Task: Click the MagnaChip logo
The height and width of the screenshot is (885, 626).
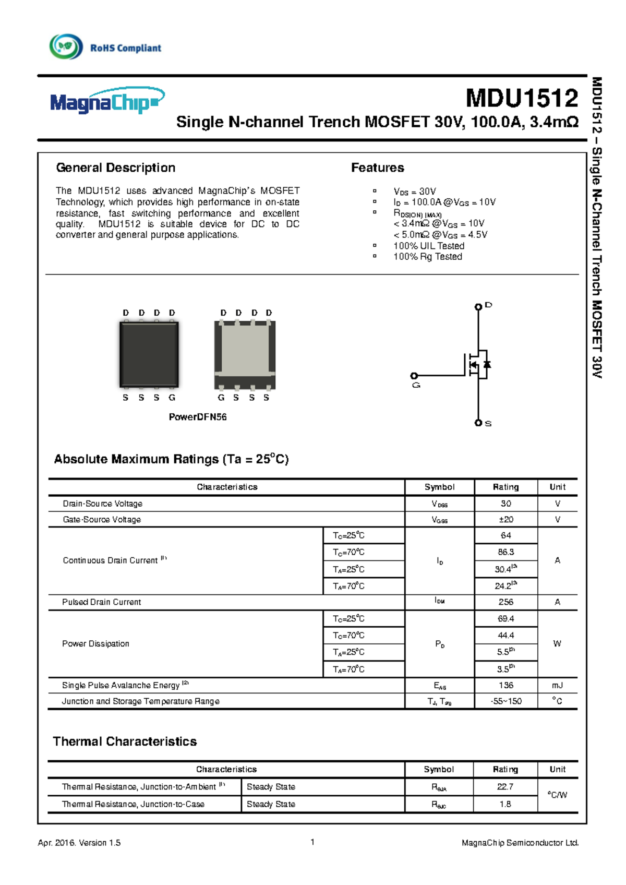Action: [107, 101]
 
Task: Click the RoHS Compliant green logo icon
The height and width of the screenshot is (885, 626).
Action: [66, 46]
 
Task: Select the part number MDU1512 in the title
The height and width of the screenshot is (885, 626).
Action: [522, 98]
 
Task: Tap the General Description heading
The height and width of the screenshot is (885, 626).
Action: [115, 168]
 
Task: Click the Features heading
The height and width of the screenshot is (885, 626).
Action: [377, 168]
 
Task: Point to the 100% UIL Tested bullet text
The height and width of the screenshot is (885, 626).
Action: [428, 246]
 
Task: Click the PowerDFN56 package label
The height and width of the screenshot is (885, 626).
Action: [197, 417]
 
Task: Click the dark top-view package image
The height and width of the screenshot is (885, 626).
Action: [149, 354]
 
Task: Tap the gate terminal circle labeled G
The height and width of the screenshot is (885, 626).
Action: [414, 376]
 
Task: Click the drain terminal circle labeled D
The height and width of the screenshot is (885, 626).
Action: [478, 307]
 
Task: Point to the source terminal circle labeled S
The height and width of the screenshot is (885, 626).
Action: [478, 423]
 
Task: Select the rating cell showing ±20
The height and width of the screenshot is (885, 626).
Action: [505, 519]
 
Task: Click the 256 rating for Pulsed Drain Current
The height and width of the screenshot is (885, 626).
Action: [505, 602]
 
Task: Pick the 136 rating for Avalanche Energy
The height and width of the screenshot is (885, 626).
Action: [505, 685]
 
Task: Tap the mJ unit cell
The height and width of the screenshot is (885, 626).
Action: [557, 685]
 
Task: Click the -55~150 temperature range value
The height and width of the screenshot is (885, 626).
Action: [505, 701]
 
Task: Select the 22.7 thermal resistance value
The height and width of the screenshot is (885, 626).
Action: [505, 786]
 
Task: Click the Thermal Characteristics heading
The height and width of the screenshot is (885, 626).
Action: [125, 742]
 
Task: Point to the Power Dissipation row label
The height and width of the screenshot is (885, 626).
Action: [95, 643]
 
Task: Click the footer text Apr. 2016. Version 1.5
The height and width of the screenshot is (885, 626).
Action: [79, 843]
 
